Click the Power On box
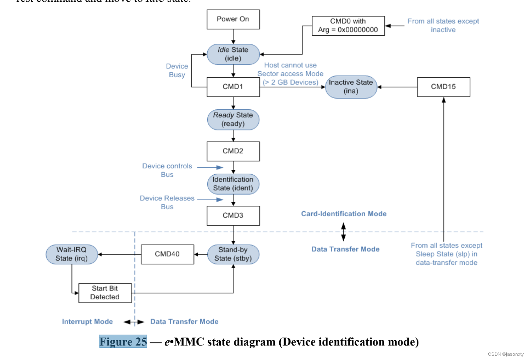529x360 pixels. pos(233,19)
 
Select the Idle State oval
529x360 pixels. pos(233,54)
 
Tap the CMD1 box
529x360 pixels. pos(233,87)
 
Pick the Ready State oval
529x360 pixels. pos(233,120)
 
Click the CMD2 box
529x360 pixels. pos(233,151)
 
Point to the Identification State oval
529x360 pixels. pos(233,184)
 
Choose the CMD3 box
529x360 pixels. pos(233,216)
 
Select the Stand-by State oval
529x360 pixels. pos(233,254)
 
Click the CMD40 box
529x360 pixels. pos(167,254)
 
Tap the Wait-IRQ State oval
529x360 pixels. pos(72,254)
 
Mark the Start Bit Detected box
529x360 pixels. pos(105,293)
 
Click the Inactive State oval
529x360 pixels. pos(351,87)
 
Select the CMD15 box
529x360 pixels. pos(444,87)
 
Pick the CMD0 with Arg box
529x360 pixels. pos(348,26)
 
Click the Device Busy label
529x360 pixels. pos(177,71)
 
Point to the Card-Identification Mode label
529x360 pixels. pos(344,214)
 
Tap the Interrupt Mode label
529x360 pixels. pos(87,322)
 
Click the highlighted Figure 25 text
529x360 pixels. pos(123,342)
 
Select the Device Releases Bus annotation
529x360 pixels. pos(167,203)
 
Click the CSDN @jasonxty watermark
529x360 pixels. pos(506,354)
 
